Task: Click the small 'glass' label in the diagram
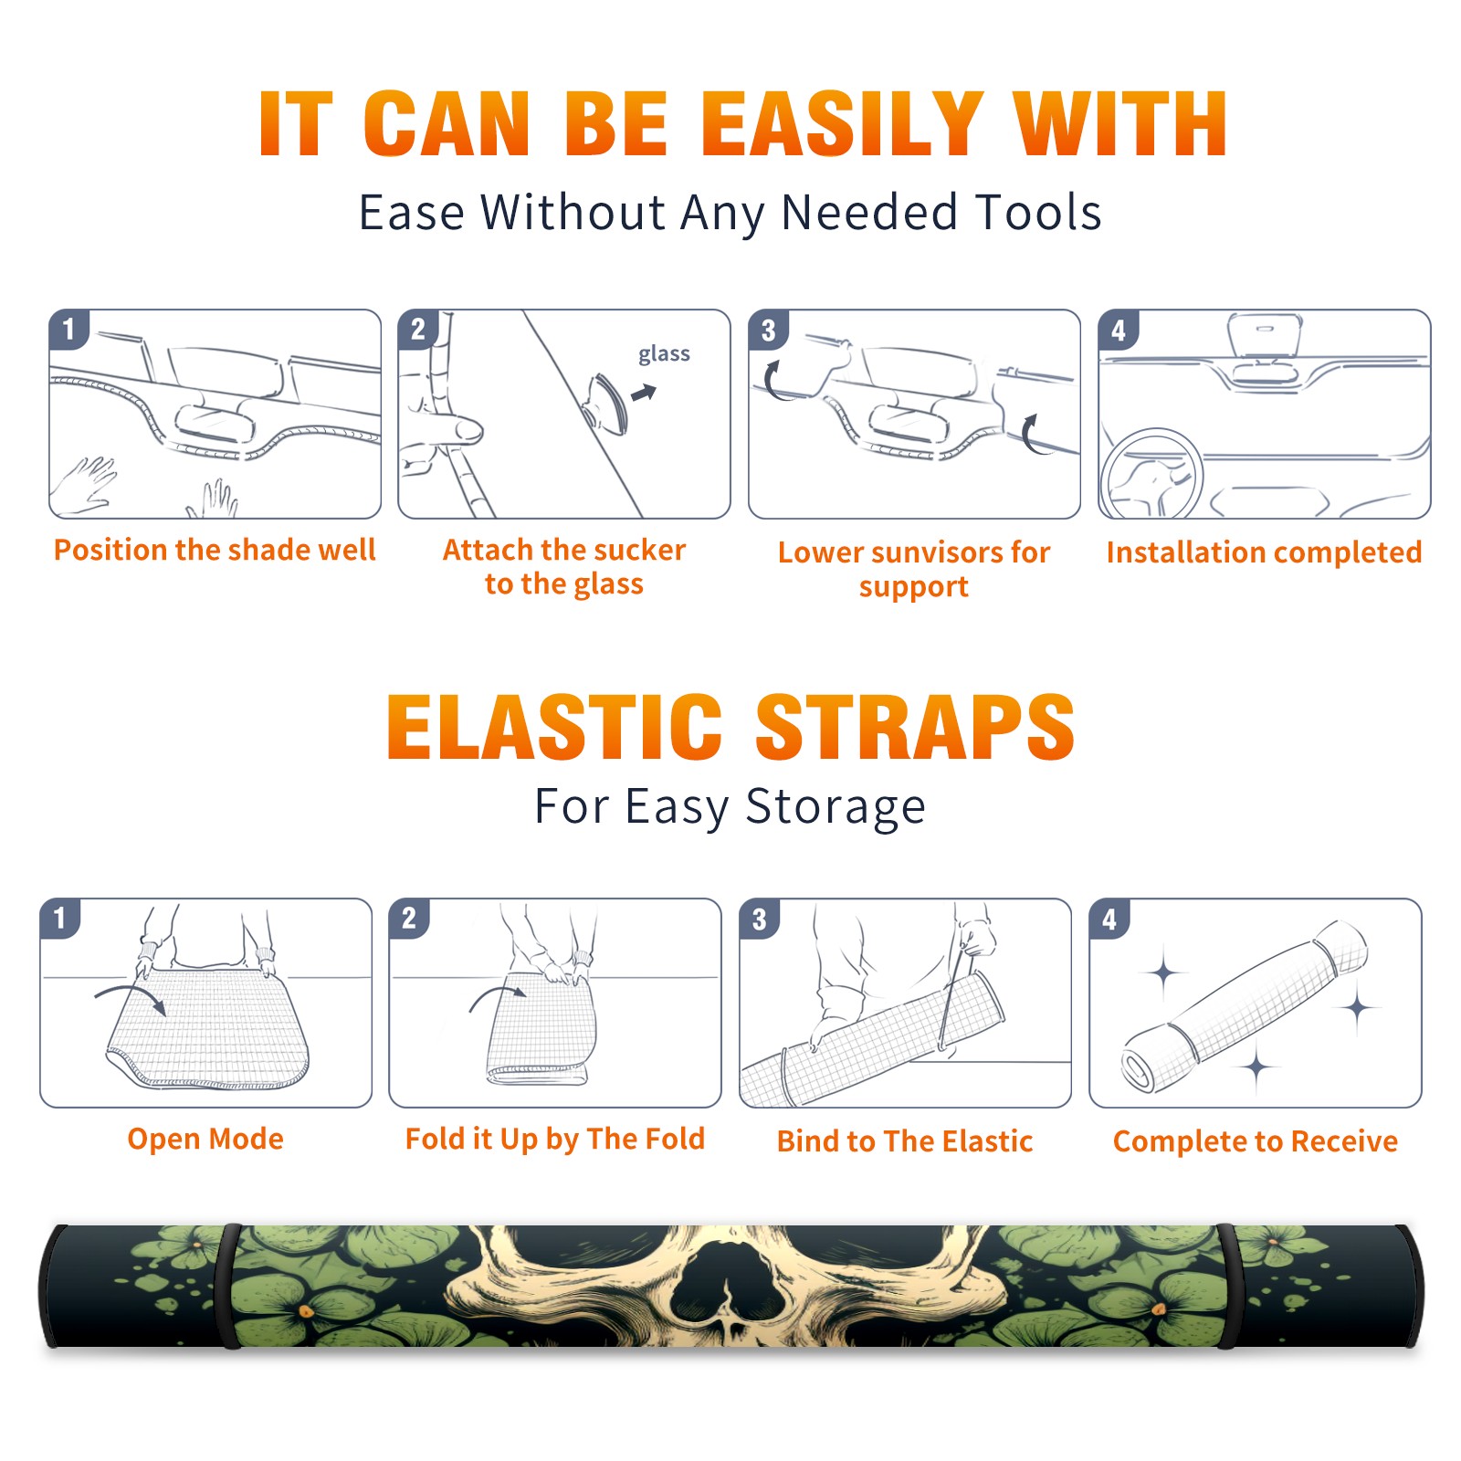click(664, 354)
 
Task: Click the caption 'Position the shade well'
click(215, 550)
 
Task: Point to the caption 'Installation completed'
click(1264, 552)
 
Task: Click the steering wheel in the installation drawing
click(1152, 474)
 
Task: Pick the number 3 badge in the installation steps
click(768, 330)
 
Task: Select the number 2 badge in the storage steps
click(409, 918)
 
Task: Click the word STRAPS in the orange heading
click(915, 727)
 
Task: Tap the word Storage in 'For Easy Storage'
click(836, 807)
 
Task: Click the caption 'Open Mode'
click(205, 1139)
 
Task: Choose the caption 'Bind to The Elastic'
click(905, 1141)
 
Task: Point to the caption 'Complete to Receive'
click(1256, 1141)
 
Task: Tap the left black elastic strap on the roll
click(228, 1286)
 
